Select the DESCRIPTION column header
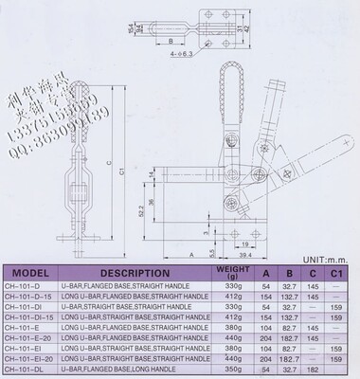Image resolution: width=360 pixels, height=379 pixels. pyautogui.click(x=144, y=269)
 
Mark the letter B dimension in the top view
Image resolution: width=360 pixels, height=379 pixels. pyautogui.click(x=173, y=42)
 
